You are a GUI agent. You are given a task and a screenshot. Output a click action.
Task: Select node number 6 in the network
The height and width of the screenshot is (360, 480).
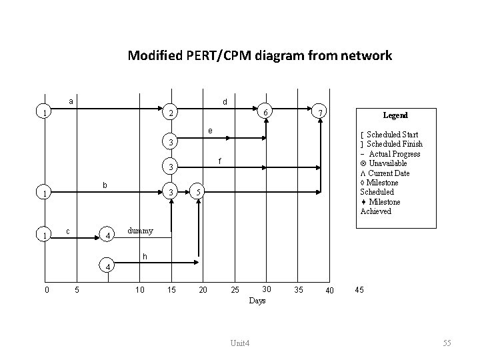point(265,112)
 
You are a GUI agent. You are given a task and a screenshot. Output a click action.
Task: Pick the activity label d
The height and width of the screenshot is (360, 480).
point(225,102)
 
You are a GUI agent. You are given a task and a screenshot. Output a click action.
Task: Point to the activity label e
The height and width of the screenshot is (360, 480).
point(209,130)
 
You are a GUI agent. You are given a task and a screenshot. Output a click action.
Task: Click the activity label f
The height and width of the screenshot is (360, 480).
point(221,161)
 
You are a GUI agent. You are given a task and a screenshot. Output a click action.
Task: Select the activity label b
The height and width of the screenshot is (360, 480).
point(103,184)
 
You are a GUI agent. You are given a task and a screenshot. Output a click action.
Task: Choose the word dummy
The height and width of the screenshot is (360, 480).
point(140,231)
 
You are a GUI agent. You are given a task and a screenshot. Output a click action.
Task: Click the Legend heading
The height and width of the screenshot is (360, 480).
point(395,115)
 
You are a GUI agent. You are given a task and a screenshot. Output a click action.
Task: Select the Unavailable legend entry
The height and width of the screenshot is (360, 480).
point(383,163)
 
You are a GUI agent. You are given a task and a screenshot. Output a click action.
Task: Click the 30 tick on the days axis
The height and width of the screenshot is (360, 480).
point(267,289)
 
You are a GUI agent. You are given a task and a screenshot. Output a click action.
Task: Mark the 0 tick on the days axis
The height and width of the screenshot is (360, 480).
point(45,289)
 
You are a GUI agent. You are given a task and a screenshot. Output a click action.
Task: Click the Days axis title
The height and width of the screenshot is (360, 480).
point(257,301)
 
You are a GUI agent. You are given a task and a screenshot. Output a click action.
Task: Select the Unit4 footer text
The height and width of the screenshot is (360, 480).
point(239,343)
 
